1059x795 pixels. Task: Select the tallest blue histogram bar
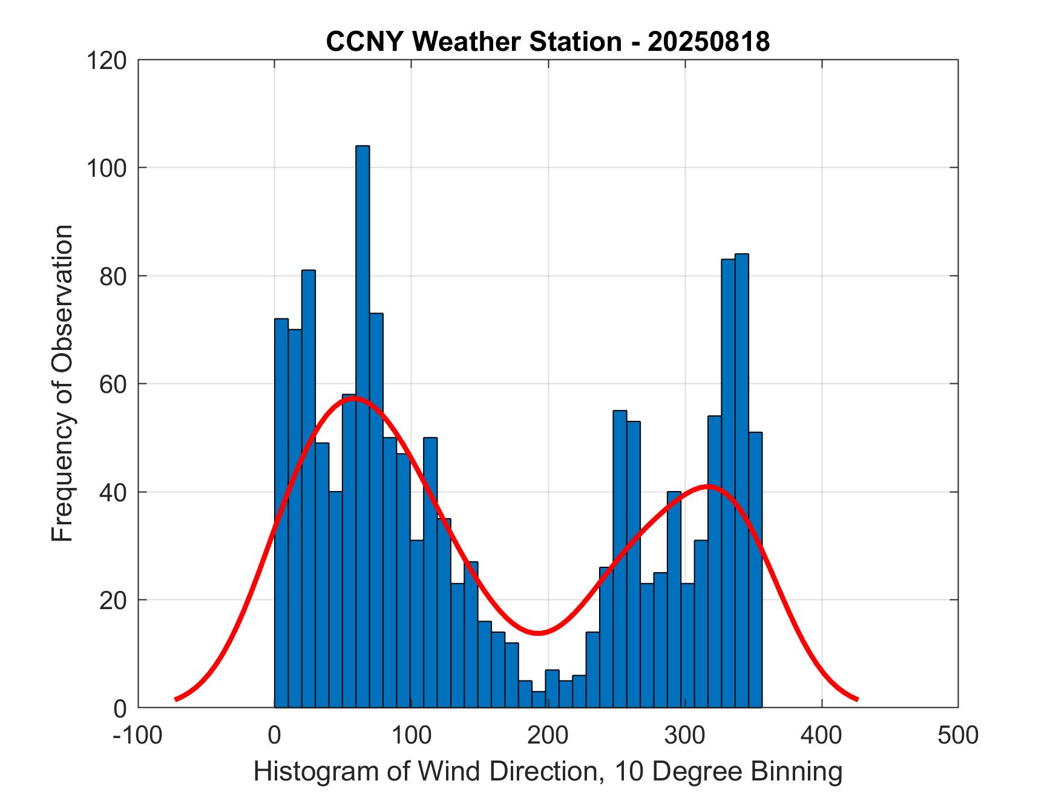coord(362,424)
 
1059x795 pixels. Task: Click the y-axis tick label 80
coord(113,276)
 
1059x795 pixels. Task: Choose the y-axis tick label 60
coord(113,384)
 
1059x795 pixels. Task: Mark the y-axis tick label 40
coord(113,492)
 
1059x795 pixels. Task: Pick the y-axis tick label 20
coord(113,600)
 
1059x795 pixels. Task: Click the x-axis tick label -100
coord(138,736)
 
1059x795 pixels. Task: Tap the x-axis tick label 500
coord(958,736)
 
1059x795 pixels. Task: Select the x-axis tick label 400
coord(822,736)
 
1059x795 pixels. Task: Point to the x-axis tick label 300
coord(685,736)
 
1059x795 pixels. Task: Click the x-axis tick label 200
coord(548,736)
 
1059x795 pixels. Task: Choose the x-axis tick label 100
coord(411,736)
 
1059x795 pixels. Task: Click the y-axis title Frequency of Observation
coord(62,384)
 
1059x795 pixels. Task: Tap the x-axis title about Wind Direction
coord(548,772)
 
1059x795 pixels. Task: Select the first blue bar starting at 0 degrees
coord(281,515)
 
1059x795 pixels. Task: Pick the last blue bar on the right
coord(755,569)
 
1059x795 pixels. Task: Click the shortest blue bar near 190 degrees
coord(539,700)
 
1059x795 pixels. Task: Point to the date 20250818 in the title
coord(709,42)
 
